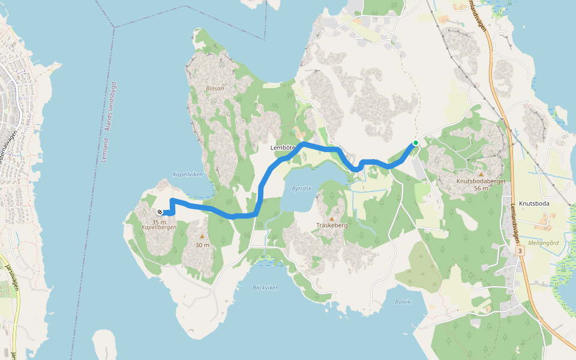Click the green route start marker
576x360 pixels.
tap(415, 143)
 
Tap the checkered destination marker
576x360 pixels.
tap(160, 212)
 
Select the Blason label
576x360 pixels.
tap(215, 88)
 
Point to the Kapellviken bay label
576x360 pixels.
tap(188, 175)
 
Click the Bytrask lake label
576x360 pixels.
tap(302, 188)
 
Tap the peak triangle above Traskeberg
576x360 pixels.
tap(331, 218)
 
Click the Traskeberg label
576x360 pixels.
tap(332, 226)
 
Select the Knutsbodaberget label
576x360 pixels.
tap(481, 180)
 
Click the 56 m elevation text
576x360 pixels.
tap(481, 188)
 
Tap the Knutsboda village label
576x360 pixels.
tap(535, 203)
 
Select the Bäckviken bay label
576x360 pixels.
tap(265, 287)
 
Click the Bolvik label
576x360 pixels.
tap(403, 302)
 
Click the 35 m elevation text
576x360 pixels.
tap(159, 221)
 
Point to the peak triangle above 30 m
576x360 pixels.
tap(202, 236)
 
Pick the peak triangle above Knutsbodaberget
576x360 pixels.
tap(481, 174)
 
